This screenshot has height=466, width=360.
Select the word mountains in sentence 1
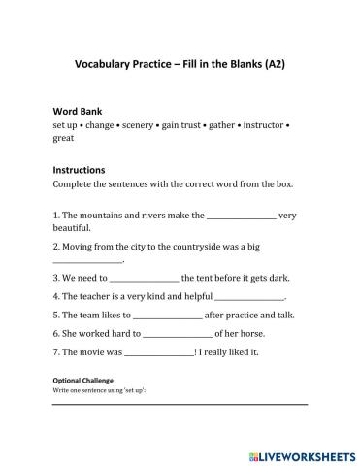[x=95, y=216]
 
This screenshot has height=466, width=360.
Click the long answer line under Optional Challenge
[x=180, y=403]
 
